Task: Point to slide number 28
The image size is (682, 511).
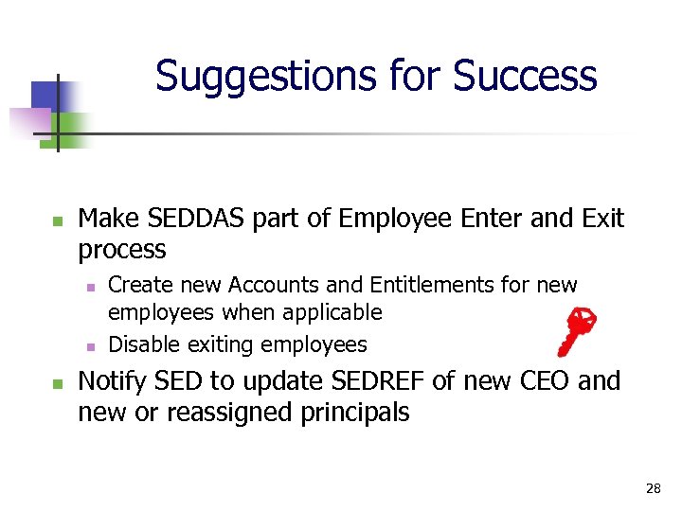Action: point(653,488)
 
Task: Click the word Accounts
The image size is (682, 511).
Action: point(237,285)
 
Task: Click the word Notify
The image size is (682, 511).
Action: point(118,381)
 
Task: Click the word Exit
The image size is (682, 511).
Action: point(604,219)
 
